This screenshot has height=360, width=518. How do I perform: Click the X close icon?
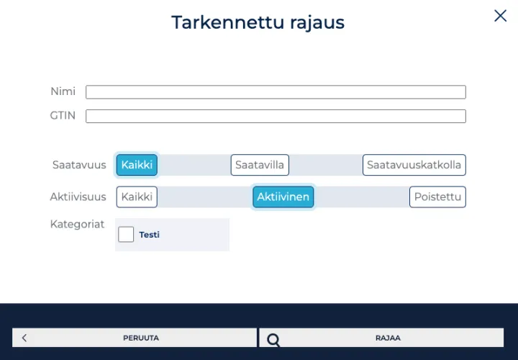coord(501,16)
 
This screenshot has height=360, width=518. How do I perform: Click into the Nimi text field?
coord(276,92)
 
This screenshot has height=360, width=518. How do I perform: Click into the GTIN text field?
coord(276,116)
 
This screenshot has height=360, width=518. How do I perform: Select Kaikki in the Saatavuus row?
coord(137,165)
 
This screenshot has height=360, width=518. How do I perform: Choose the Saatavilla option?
coord(260,165)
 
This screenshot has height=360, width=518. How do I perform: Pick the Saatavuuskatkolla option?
coord(414,165)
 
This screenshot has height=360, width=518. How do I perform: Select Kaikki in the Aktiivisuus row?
coord(137,197)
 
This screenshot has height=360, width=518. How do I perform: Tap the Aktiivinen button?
coord(283,197)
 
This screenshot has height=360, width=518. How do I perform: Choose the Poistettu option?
coord(437,197)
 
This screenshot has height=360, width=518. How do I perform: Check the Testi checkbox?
coord(126,235)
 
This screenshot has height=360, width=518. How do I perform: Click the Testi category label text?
coord(150,235)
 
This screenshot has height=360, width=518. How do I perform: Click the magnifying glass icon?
coord(273,340)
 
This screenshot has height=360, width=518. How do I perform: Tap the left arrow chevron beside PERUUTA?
coord(24,338)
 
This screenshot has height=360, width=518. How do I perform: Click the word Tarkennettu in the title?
coord(228,22)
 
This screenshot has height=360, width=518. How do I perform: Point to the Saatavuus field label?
coord(79,165)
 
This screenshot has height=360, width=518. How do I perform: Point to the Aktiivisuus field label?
coord(78,197)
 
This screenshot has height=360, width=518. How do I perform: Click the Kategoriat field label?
coord(77,224)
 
